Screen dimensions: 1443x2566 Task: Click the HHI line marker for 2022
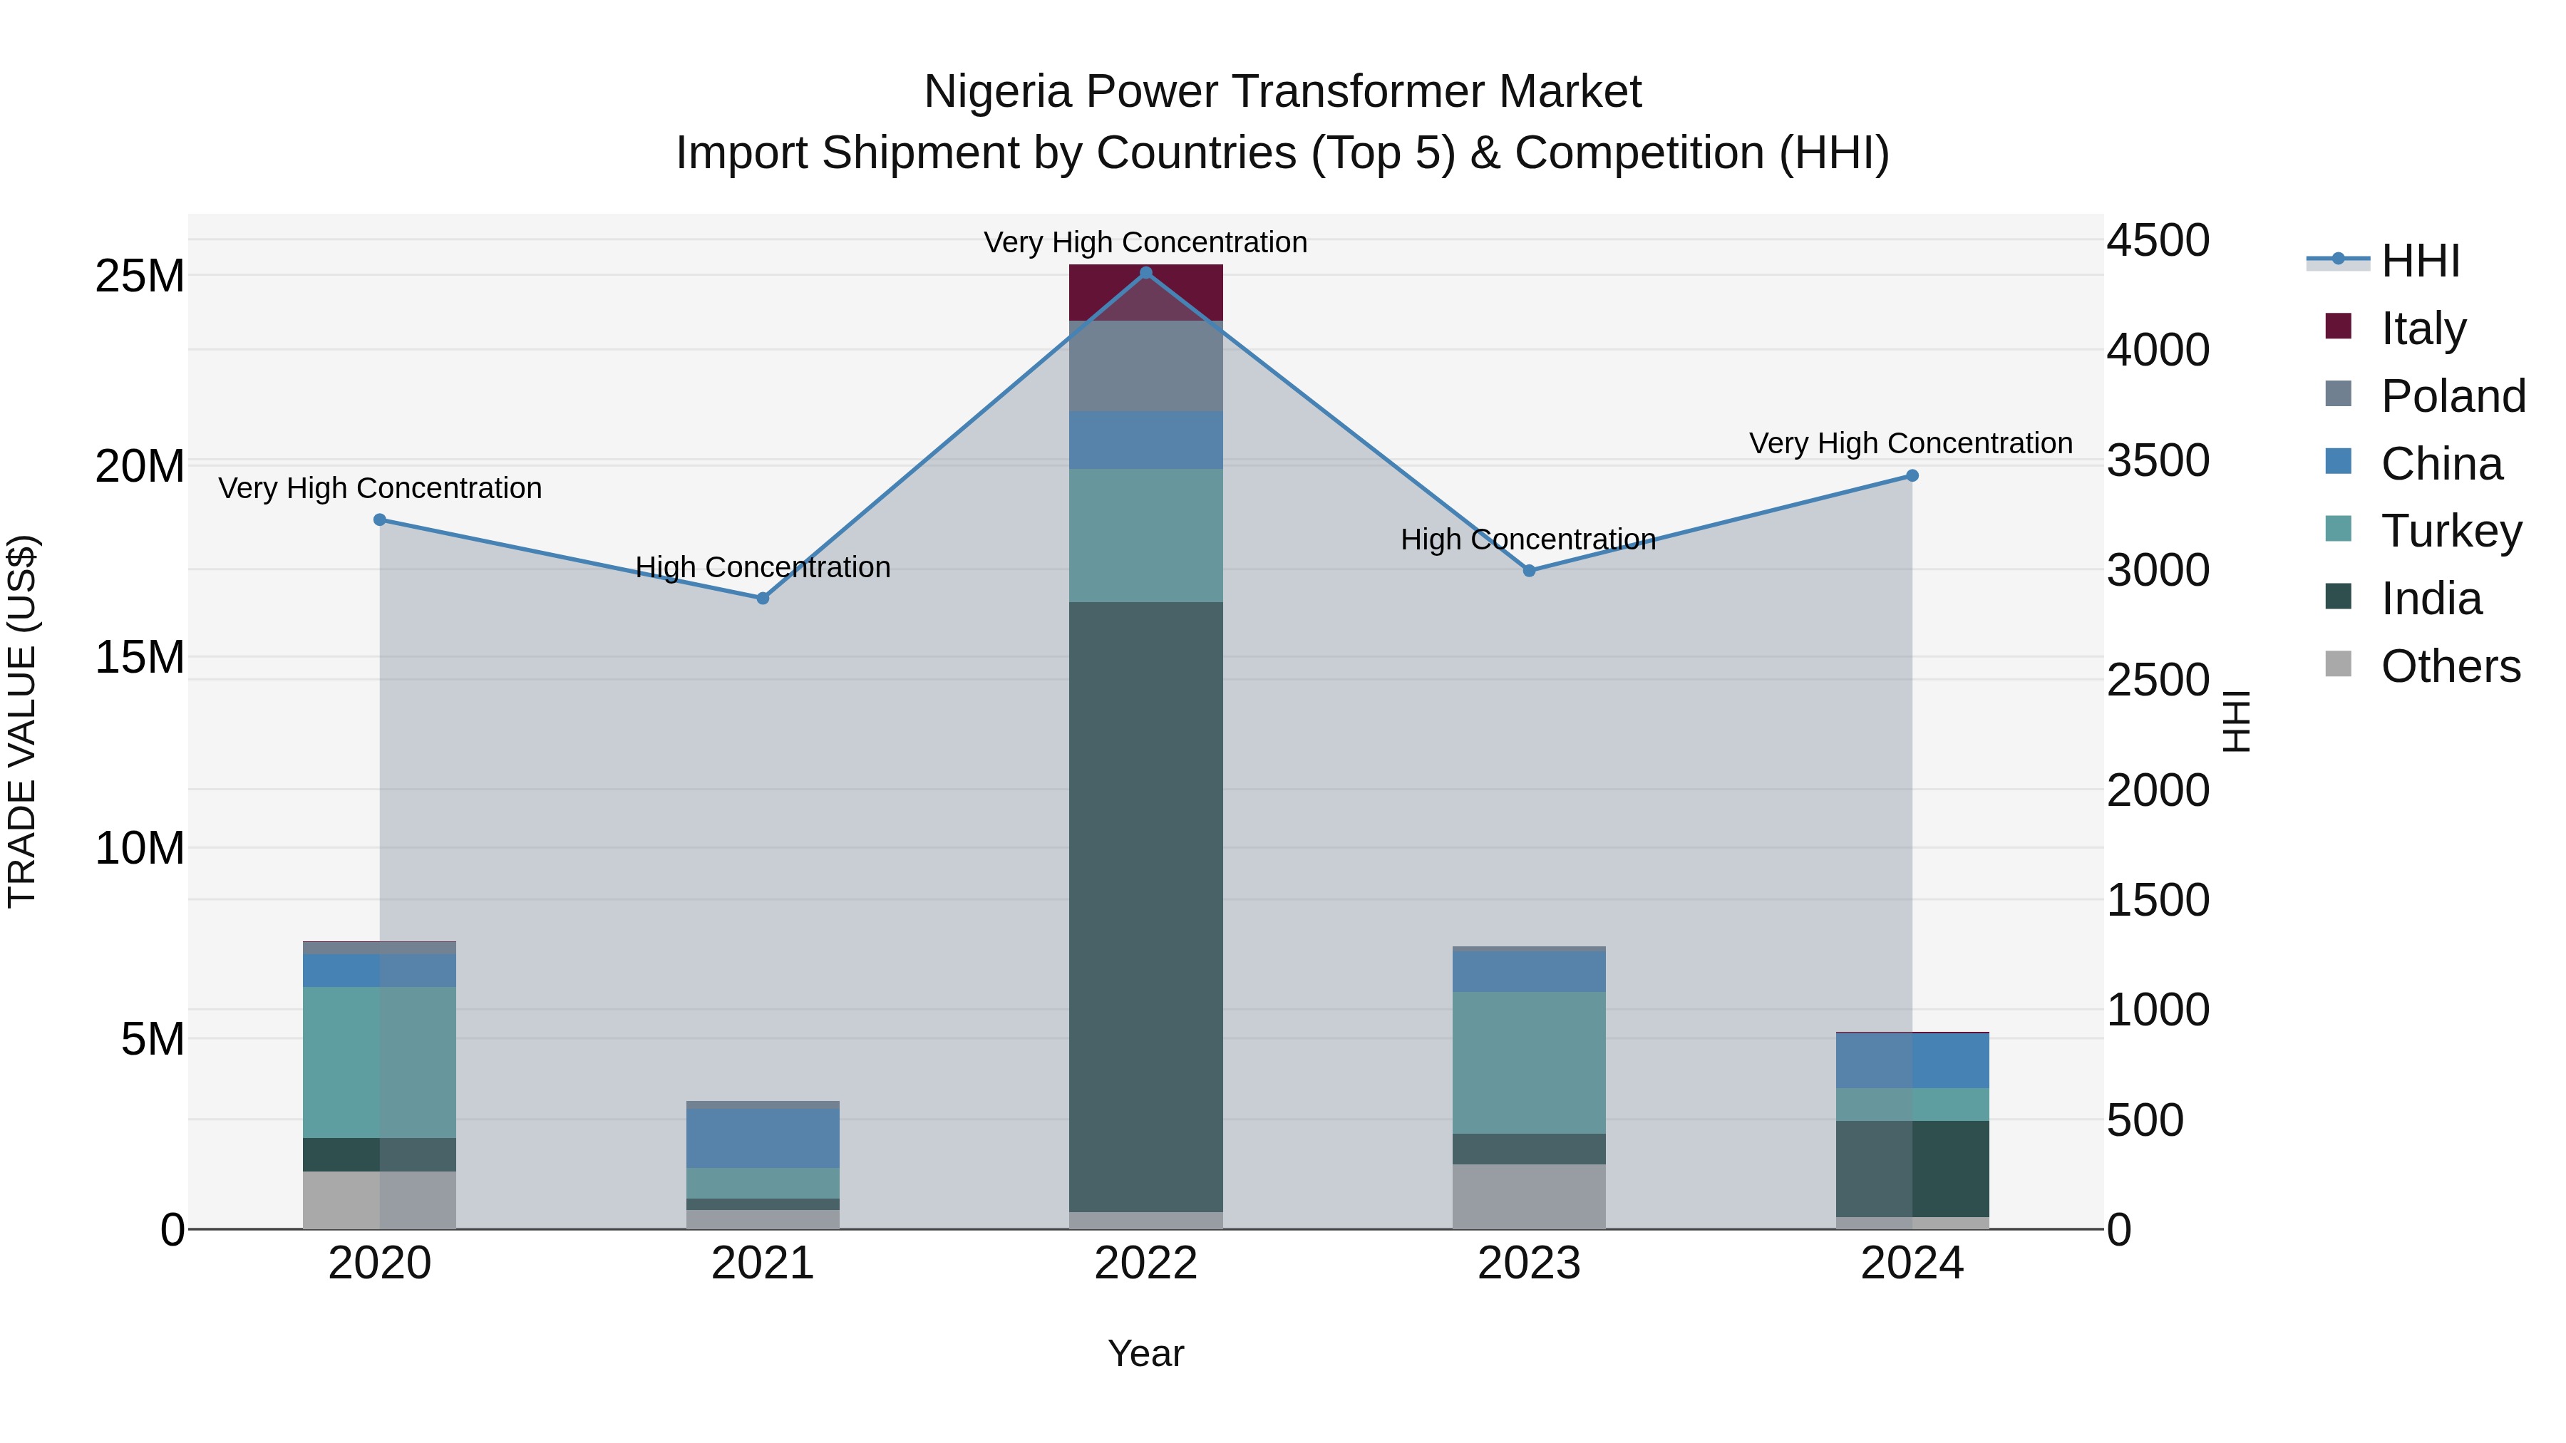pyautogui.click(x=1145, y=273)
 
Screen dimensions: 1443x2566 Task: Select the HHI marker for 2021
pyautogui.click(x=763, y=599)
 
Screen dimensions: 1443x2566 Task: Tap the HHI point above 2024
pyautogui.click(x=1912, y=476)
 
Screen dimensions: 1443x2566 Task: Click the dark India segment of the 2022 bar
pyautogui.click(x=1145, y=906)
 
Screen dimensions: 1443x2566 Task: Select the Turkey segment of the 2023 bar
pyautogui.click(x=1529, y=1062)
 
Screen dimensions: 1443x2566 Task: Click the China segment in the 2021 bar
pyautogui.click(x=763, y=1138)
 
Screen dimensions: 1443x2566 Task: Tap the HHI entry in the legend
pyautogui.click(x=2420, y=261)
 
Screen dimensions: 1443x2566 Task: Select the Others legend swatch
pyautogui.click(x=2338, y=664)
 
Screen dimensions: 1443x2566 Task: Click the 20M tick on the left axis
pyautogui.click(x=140, y=466)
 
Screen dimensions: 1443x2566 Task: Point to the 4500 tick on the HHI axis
pyautogui.click(x=2158, y=240)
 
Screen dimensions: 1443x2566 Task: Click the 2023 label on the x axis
pyautogui.click(x=1529, y=1263)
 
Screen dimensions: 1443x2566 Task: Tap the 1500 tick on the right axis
pyautogui.click(x=2158, y=900)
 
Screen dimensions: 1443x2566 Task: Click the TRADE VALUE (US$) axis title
pyautogui.click(x=22, y=721)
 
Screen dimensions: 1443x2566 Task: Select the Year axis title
pyautogui.click(x=1145, y=1353)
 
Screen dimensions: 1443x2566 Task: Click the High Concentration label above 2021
pyautogui.click(x=763, y=568)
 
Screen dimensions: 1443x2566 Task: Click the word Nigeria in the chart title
pyautogui.click(x=997, y=92)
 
